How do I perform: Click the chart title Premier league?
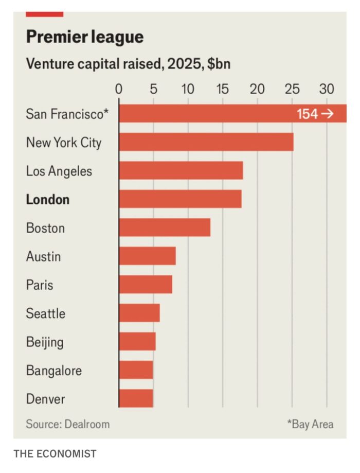[85, 37]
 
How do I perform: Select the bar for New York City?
[206, 142]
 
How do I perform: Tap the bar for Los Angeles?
[181, 170]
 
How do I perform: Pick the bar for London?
[180, 199]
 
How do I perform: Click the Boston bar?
[165, 227]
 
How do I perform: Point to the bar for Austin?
[147, 256]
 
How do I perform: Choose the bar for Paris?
[146, 284]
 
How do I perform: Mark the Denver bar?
[136, 398]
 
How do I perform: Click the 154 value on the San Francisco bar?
[308, 114]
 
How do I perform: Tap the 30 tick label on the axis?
[327, 89]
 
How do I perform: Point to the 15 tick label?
[222, 89]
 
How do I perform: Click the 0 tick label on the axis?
[119, 89]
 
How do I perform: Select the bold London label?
[48, 199]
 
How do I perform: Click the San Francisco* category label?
[67, 114]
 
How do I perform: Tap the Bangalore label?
[53, 371]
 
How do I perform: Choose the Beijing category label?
[45, 342]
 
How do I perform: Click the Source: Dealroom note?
[68, 424]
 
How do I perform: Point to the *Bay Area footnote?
[310, 424]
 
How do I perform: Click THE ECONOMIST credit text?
[55, 454]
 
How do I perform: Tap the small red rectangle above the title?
[44, 14]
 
